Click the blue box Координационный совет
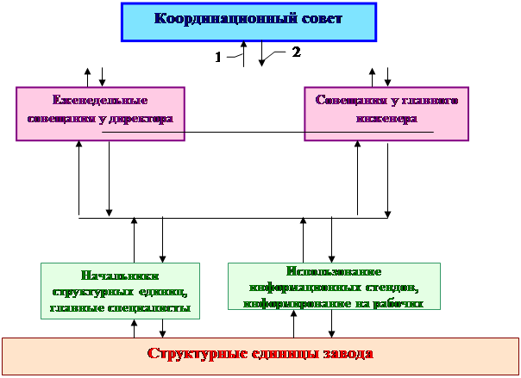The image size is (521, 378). (249, 22)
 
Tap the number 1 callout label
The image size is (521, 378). (218, 57)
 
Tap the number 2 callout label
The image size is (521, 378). (295, 52)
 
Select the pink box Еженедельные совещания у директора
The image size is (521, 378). (103, 113)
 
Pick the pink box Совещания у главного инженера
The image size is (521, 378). (386, 114)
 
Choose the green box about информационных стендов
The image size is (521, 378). (334, 285)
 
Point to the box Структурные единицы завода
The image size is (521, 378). (260, 354)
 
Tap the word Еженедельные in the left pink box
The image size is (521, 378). (102, 101)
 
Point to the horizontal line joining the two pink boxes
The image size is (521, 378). (246, 132)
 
